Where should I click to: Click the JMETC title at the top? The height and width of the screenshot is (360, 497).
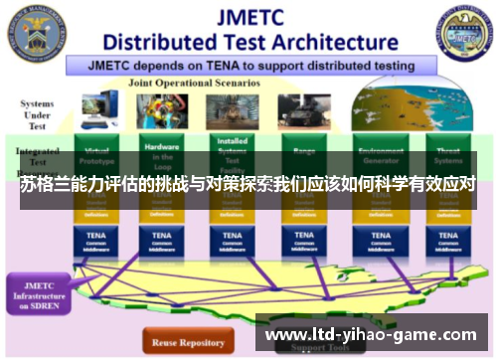pos(248,17)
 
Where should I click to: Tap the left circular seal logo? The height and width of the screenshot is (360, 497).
pos(38,32)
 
